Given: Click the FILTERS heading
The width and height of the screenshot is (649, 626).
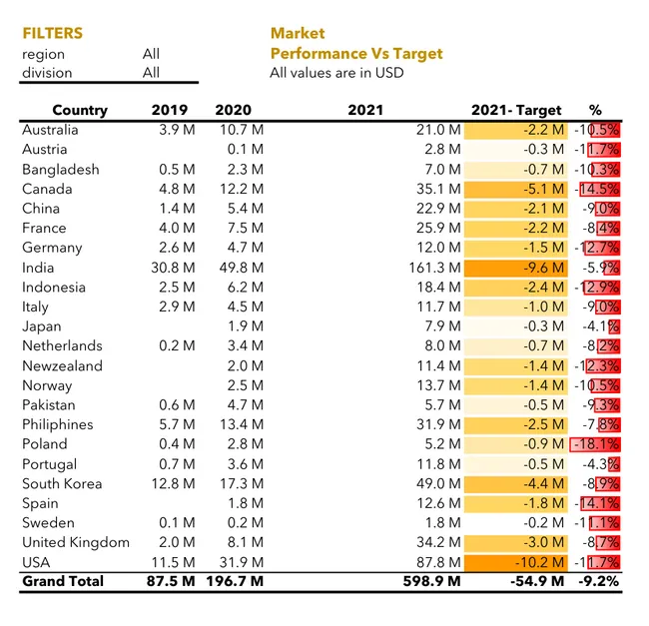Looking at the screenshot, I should click(x=53, y=33).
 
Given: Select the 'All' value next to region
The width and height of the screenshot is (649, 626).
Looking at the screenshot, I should click(x=151, y=54).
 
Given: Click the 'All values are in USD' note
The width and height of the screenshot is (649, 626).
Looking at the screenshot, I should click(x=336, y=73).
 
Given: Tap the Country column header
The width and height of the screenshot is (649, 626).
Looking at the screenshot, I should click(x=80, y=110).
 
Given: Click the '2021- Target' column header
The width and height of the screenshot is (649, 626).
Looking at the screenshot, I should click(x=516, y=110).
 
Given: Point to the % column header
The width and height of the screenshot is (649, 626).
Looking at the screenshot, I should click(x=595, y=110).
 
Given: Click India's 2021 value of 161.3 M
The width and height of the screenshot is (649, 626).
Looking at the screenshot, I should click(x=437, y=268).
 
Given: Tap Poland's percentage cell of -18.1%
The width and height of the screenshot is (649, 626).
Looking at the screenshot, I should click(x=596, y=444).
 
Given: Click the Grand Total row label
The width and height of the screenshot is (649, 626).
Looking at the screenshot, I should click(x=63, y=581).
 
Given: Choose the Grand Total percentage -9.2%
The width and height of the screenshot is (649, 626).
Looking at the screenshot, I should click(x=597, y=581).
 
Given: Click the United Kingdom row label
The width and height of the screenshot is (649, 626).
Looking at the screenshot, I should click(x=76, y=542).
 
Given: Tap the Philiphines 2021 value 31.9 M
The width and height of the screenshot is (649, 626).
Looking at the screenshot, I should click(x=441, y=424).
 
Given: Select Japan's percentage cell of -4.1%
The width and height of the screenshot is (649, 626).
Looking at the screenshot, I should click(x=599, y=326).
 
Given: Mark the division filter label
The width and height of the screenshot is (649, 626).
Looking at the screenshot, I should click(x=46, y=73).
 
